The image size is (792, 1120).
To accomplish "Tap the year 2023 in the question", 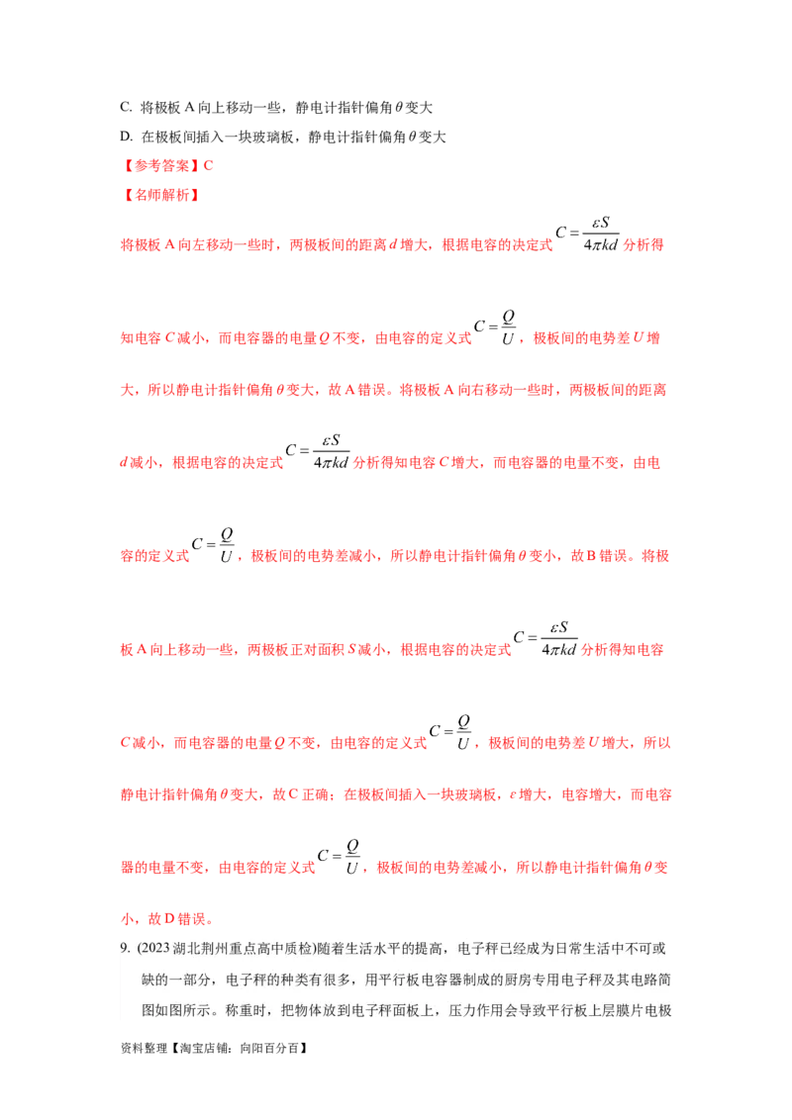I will point(153,948).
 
